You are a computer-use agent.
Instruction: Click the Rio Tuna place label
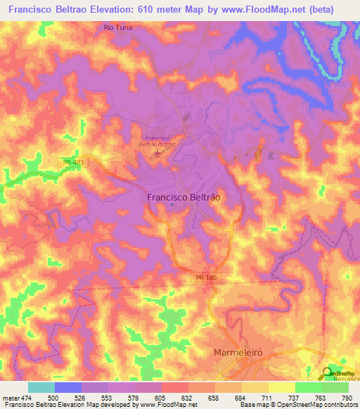tap(117, 27)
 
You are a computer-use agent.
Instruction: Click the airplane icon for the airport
tap(158, 150)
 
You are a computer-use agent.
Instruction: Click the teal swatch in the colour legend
tap(41, 387)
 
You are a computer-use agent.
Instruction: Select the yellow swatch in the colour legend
tap(281, 387)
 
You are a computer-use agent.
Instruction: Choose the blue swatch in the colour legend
tap(68, 387)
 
